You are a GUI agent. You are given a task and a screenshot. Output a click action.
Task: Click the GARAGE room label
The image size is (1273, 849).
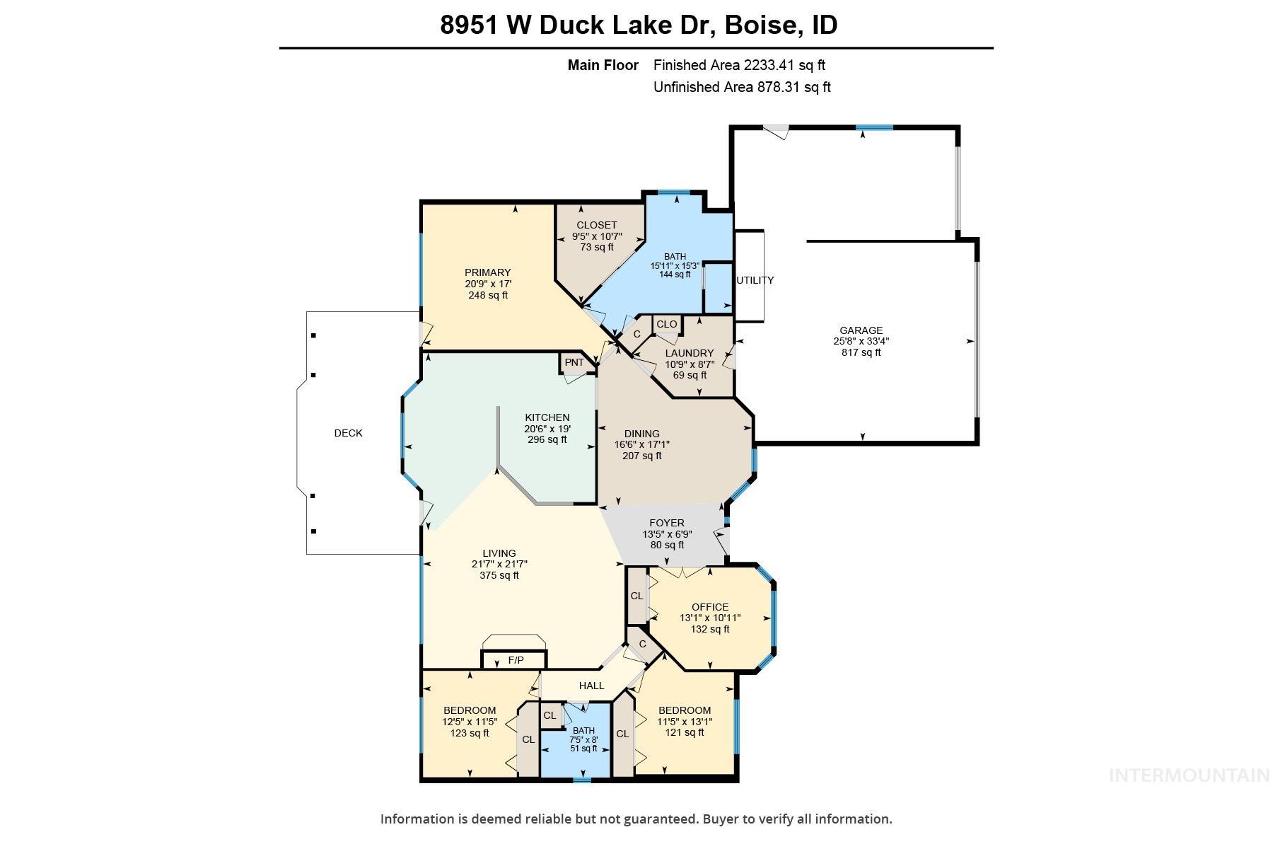(x=861, y=330)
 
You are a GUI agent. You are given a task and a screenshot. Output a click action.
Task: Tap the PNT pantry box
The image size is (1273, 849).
(x=574, y=362)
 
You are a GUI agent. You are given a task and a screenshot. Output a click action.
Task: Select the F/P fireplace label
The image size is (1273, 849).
(x=516, y=660)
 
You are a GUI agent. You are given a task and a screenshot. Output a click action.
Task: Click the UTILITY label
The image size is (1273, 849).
(x=755, y=280)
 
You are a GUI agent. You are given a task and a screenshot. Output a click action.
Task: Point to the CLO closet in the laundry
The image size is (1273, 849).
(x=666, y=324)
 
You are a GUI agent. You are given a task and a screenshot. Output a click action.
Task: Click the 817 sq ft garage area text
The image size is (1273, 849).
(x=861, y=352)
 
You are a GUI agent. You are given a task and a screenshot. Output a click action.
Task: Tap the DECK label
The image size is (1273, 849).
(x=348, y=433)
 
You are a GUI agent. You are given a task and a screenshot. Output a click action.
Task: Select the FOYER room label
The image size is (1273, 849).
(x=666, y=523)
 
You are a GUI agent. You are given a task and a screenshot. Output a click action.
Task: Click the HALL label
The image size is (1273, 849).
(x=591, y=685)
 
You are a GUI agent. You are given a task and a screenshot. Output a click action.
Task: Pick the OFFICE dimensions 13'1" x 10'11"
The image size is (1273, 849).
(x=709, y=618)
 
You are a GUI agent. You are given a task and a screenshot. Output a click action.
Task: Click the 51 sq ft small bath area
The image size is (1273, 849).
(x=583, y=748)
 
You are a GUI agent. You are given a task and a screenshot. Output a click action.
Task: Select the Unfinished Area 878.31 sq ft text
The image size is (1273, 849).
(x=741, y=87)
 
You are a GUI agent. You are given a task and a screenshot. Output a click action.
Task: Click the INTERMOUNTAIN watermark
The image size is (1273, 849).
(x=1188, y=775)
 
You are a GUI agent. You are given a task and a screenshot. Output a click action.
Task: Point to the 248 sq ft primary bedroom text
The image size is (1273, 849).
(x=487, y=295)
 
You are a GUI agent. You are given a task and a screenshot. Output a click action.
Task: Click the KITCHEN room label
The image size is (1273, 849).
(x=547, y=417)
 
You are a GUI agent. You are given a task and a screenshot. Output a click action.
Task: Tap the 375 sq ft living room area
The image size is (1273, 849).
(x=499, y=575)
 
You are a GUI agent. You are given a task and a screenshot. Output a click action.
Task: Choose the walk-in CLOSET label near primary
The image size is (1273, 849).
(x=596, y=225)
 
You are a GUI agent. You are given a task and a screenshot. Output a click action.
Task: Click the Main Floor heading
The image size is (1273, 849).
(x=603, y=65)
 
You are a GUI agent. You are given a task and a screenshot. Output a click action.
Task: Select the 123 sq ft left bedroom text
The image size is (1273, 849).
(x=470, y=733)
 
